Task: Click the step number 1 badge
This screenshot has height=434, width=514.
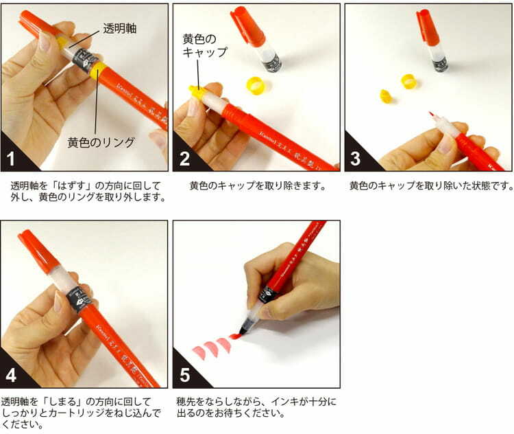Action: coord(11,159)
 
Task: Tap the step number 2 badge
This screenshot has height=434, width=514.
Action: coord(184,159)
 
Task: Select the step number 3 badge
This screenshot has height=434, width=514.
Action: coord(356,159)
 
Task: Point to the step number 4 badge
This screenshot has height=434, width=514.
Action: coord(11,375)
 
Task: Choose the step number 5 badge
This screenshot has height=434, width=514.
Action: coord(184,375)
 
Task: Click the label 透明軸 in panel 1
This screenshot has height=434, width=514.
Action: coord(120,29)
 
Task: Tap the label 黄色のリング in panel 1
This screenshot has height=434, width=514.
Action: coord(101,143)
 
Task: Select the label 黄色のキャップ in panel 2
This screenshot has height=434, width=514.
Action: coord(204,46)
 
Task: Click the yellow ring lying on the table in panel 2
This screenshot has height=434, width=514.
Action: coord(256,84)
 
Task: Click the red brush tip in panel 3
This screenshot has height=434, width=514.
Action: coord(432,116)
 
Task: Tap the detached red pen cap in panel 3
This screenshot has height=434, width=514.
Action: coord(428,27)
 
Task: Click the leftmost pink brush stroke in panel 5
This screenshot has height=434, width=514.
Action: coord(199,352)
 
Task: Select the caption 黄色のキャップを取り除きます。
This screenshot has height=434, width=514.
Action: coord(258,186)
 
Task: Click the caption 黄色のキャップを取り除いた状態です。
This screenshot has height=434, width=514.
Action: coord(431,186)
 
